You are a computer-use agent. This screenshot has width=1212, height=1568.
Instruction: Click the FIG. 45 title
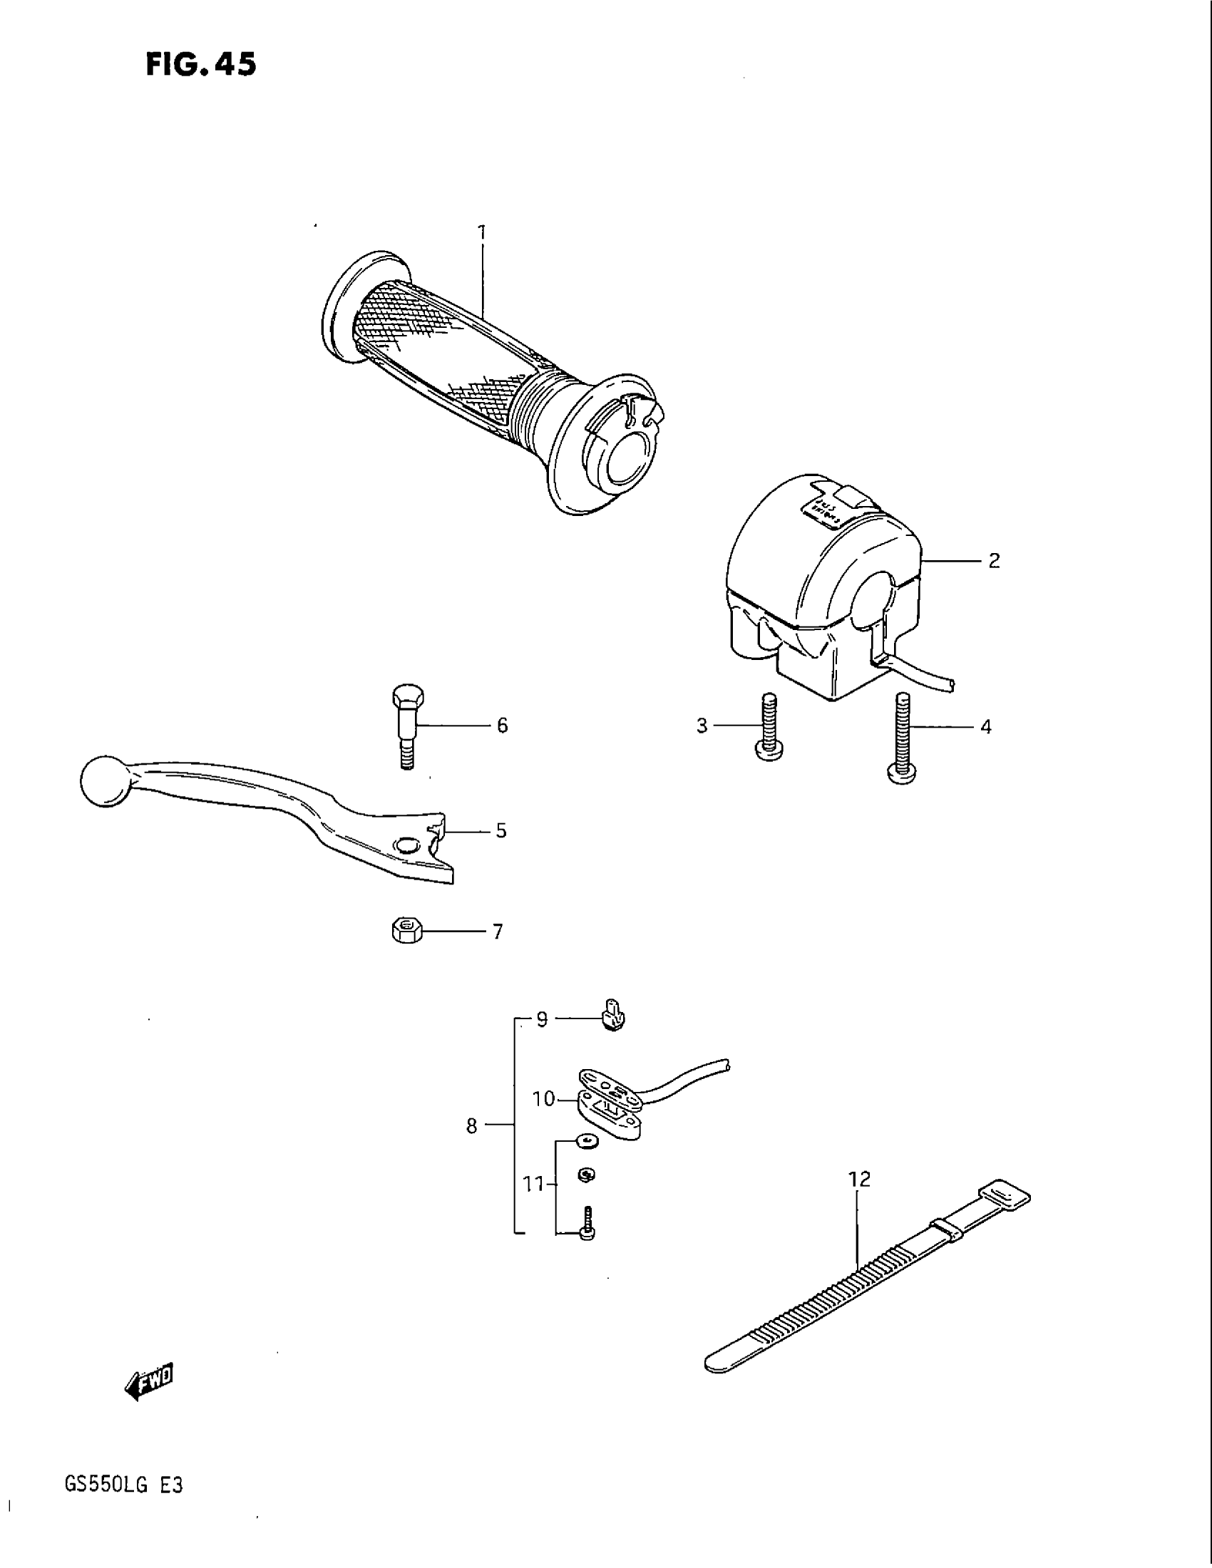pos(200,65)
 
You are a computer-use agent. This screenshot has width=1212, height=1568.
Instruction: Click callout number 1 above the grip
pos(482,232)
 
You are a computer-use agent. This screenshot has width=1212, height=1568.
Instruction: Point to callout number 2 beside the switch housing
pos(994,561)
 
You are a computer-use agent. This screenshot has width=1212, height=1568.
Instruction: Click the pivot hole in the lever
pos(407,845)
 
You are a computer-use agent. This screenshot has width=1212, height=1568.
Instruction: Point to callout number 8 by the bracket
pos(471,1125)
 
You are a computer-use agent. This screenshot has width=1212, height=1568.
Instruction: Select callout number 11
pos(533,1183)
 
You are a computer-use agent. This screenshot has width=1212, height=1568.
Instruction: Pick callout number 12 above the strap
pos(859,1179)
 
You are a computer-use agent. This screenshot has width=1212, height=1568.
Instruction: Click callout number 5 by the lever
pos(501,830)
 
